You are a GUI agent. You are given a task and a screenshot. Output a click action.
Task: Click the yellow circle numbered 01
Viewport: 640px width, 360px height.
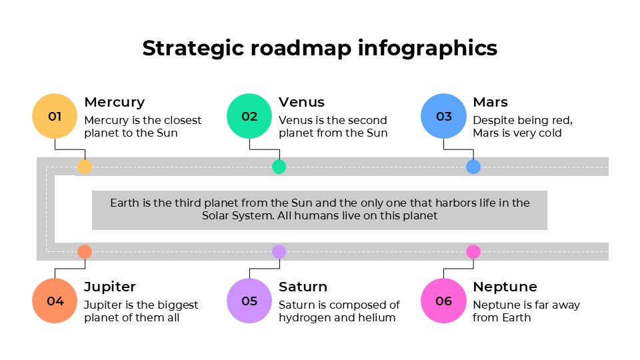point(55,117)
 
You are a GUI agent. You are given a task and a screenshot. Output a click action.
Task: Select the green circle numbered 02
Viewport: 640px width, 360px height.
point(249,117)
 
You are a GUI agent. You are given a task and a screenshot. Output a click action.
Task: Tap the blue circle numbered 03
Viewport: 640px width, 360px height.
point(443,117)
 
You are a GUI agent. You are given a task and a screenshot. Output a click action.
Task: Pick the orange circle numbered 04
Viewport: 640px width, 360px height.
point(55,301)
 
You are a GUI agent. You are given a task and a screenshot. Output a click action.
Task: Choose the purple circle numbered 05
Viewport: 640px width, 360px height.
point(249,301)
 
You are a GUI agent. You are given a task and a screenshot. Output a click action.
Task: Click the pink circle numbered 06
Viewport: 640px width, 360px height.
point(443,301)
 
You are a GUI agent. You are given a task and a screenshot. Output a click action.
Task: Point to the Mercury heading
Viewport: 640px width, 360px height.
point(114,102)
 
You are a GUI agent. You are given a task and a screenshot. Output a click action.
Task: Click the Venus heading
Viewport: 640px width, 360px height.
point(301,102)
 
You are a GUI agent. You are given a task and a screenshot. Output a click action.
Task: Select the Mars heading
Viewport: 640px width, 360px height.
point(490,102)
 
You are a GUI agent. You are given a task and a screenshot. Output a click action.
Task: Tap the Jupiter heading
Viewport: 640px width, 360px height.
point(109,287)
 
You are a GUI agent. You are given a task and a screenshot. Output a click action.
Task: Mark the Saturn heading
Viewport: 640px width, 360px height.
point(303,287)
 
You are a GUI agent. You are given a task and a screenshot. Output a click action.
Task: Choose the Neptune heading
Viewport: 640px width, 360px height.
point(505,287)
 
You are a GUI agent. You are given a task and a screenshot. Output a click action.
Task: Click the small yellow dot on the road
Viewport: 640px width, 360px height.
point(85,167)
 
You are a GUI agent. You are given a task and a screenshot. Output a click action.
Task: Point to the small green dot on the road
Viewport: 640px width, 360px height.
point(279,167)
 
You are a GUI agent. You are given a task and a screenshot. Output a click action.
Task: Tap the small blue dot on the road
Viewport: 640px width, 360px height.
point(473,167)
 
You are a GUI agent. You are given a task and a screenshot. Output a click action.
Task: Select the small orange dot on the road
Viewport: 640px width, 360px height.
point(85,251)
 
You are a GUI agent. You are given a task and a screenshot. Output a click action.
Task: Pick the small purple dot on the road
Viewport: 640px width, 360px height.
point(279,251)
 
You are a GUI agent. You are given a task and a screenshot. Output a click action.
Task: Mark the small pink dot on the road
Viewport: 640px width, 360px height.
point(473,251)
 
